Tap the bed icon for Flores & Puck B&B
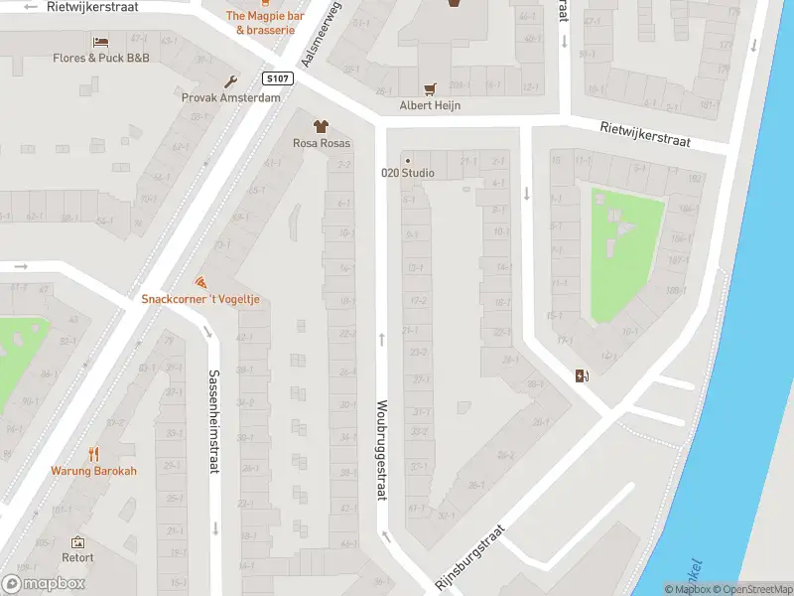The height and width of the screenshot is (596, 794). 100,41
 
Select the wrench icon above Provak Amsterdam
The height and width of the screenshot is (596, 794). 230,81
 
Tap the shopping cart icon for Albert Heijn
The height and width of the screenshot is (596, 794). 430,88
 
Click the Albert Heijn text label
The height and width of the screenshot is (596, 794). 430,105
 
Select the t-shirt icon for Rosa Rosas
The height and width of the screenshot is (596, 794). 321,126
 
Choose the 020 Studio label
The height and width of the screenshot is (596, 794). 408,172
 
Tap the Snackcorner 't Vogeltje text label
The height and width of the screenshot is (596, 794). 205,299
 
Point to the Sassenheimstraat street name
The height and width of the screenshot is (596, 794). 213,421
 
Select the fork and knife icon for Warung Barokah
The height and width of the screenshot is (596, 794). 95,454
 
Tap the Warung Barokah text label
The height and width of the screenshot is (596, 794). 95,471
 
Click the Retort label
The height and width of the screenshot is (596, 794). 77,558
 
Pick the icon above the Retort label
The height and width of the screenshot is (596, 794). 77,542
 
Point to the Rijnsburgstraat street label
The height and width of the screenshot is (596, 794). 470,557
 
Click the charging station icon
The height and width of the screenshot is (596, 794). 581,374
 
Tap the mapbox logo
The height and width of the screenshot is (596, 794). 44,584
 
